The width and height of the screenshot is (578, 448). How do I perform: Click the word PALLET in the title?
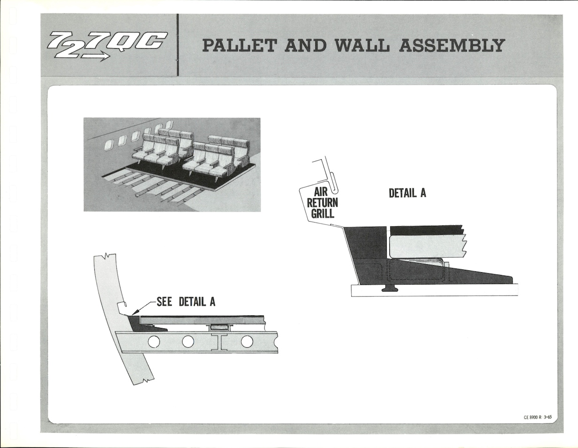[x=239, y=45]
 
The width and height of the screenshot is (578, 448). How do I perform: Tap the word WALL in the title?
[x=362, y=45]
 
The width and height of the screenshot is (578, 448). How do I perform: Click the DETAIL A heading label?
[x=407, y=193]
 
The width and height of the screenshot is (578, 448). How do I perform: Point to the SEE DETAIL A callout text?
[x=186, y=302]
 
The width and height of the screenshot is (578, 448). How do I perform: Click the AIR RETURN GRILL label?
[x=322, y=202]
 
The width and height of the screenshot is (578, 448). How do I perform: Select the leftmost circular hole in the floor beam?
[x=153, y=342]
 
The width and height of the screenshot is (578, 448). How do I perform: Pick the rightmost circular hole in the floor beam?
[x=247, y=342]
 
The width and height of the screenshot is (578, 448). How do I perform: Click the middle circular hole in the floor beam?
[x=188, y=342]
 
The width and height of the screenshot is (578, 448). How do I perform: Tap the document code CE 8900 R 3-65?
[x=538, y=417]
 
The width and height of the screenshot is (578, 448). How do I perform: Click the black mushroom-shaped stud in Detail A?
[x=390, y=288]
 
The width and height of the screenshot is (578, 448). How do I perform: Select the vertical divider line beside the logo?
[x=177, y=45]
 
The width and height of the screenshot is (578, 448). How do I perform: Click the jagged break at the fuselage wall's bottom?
[x=144, y=381]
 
